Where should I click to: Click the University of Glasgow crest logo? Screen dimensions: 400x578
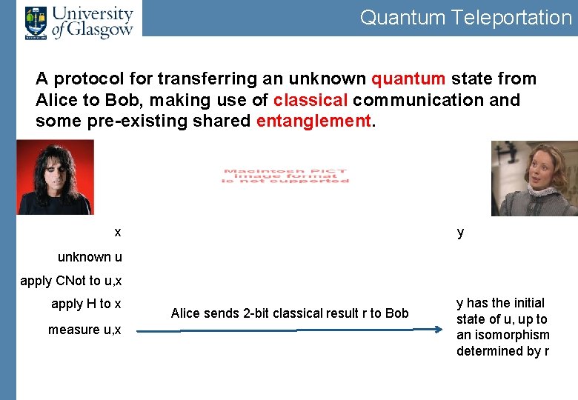[x=36, y=22]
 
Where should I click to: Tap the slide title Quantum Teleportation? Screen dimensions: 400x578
[x=465, y=18]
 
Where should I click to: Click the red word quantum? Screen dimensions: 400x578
[x=408, y=79]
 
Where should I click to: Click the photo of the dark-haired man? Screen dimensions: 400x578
[x=55, y=177]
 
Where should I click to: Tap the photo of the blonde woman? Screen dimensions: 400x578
[x=534, y=179]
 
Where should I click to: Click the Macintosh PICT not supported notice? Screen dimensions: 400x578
[x=285, y=176]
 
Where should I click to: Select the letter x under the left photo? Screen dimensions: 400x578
[x=118, y=232]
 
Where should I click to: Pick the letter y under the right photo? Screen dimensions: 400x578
[x=460, y=233]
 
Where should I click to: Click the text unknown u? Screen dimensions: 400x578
[x=90, y=257]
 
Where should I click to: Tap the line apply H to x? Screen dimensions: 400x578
[x=86, y=304]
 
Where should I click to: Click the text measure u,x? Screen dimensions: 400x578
[x=84, y=330]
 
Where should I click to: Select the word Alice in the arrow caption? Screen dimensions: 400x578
[x=186, y=313]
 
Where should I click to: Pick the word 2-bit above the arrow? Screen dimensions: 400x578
[x=257, y=313]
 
